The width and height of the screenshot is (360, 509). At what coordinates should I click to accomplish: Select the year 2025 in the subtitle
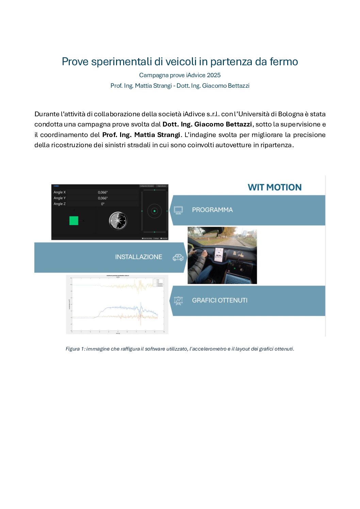[x=214, y=75]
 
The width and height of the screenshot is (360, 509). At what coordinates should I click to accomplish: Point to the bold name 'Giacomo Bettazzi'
[x=223, y=124]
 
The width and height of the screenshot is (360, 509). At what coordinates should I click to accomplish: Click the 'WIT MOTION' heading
[x=275, y=187]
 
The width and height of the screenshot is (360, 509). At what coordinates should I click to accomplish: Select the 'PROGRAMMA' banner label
[x=212, y=210]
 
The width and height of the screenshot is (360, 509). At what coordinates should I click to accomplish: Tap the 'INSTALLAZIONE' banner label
[x=138, y=257]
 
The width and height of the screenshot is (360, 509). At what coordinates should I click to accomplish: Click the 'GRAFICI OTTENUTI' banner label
[x=219, y=301]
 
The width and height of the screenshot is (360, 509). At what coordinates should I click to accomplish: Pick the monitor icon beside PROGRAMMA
[x=178, y=210]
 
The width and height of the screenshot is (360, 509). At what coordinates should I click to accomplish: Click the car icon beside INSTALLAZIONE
[x=178, y=257]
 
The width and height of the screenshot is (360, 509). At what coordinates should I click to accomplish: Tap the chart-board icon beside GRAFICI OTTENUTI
[x=178, y=301]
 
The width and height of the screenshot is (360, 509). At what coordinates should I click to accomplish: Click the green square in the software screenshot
[x=74, y=221]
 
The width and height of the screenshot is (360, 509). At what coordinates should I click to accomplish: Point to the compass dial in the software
[x=118, y=221]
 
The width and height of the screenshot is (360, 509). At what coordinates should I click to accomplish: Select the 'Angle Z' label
[x=60, y=204]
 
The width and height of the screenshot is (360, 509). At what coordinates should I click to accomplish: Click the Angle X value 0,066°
[x=103, y=192]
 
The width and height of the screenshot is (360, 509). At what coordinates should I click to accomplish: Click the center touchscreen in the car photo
[x=219, y=255]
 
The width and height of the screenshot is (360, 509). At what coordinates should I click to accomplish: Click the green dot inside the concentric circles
[x=154, y=211]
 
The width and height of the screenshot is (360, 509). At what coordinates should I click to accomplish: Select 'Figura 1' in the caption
[x=73, y=349]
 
